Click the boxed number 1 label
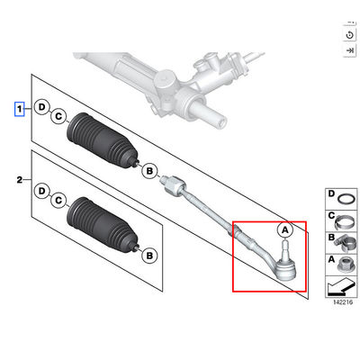[x=20, y=109]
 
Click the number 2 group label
[x=20, y=180]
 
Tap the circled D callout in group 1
[x=42, y=107]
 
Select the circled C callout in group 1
[x=58, y=116]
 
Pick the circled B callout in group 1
[x=149, y=171]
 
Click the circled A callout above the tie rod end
[x=284, y=230]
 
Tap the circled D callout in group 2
[x=42, y=191]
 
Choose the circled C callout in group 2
[x=58, y=200]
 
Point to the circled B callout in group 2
[x=149, y=256]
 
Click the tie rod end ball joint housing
[x=285, y=268]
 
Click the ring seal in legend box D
[x=346, y=199]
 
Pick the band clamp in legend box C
[x=345, y=222]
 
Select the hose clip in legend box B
[x=345, y=244]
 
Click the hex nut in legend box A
[x=346, y=265]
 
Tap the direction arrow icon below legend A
[x=340, y=286]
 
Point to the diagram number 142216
[x=343, y=302]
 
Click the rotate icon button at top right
[x=349, y=35]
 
